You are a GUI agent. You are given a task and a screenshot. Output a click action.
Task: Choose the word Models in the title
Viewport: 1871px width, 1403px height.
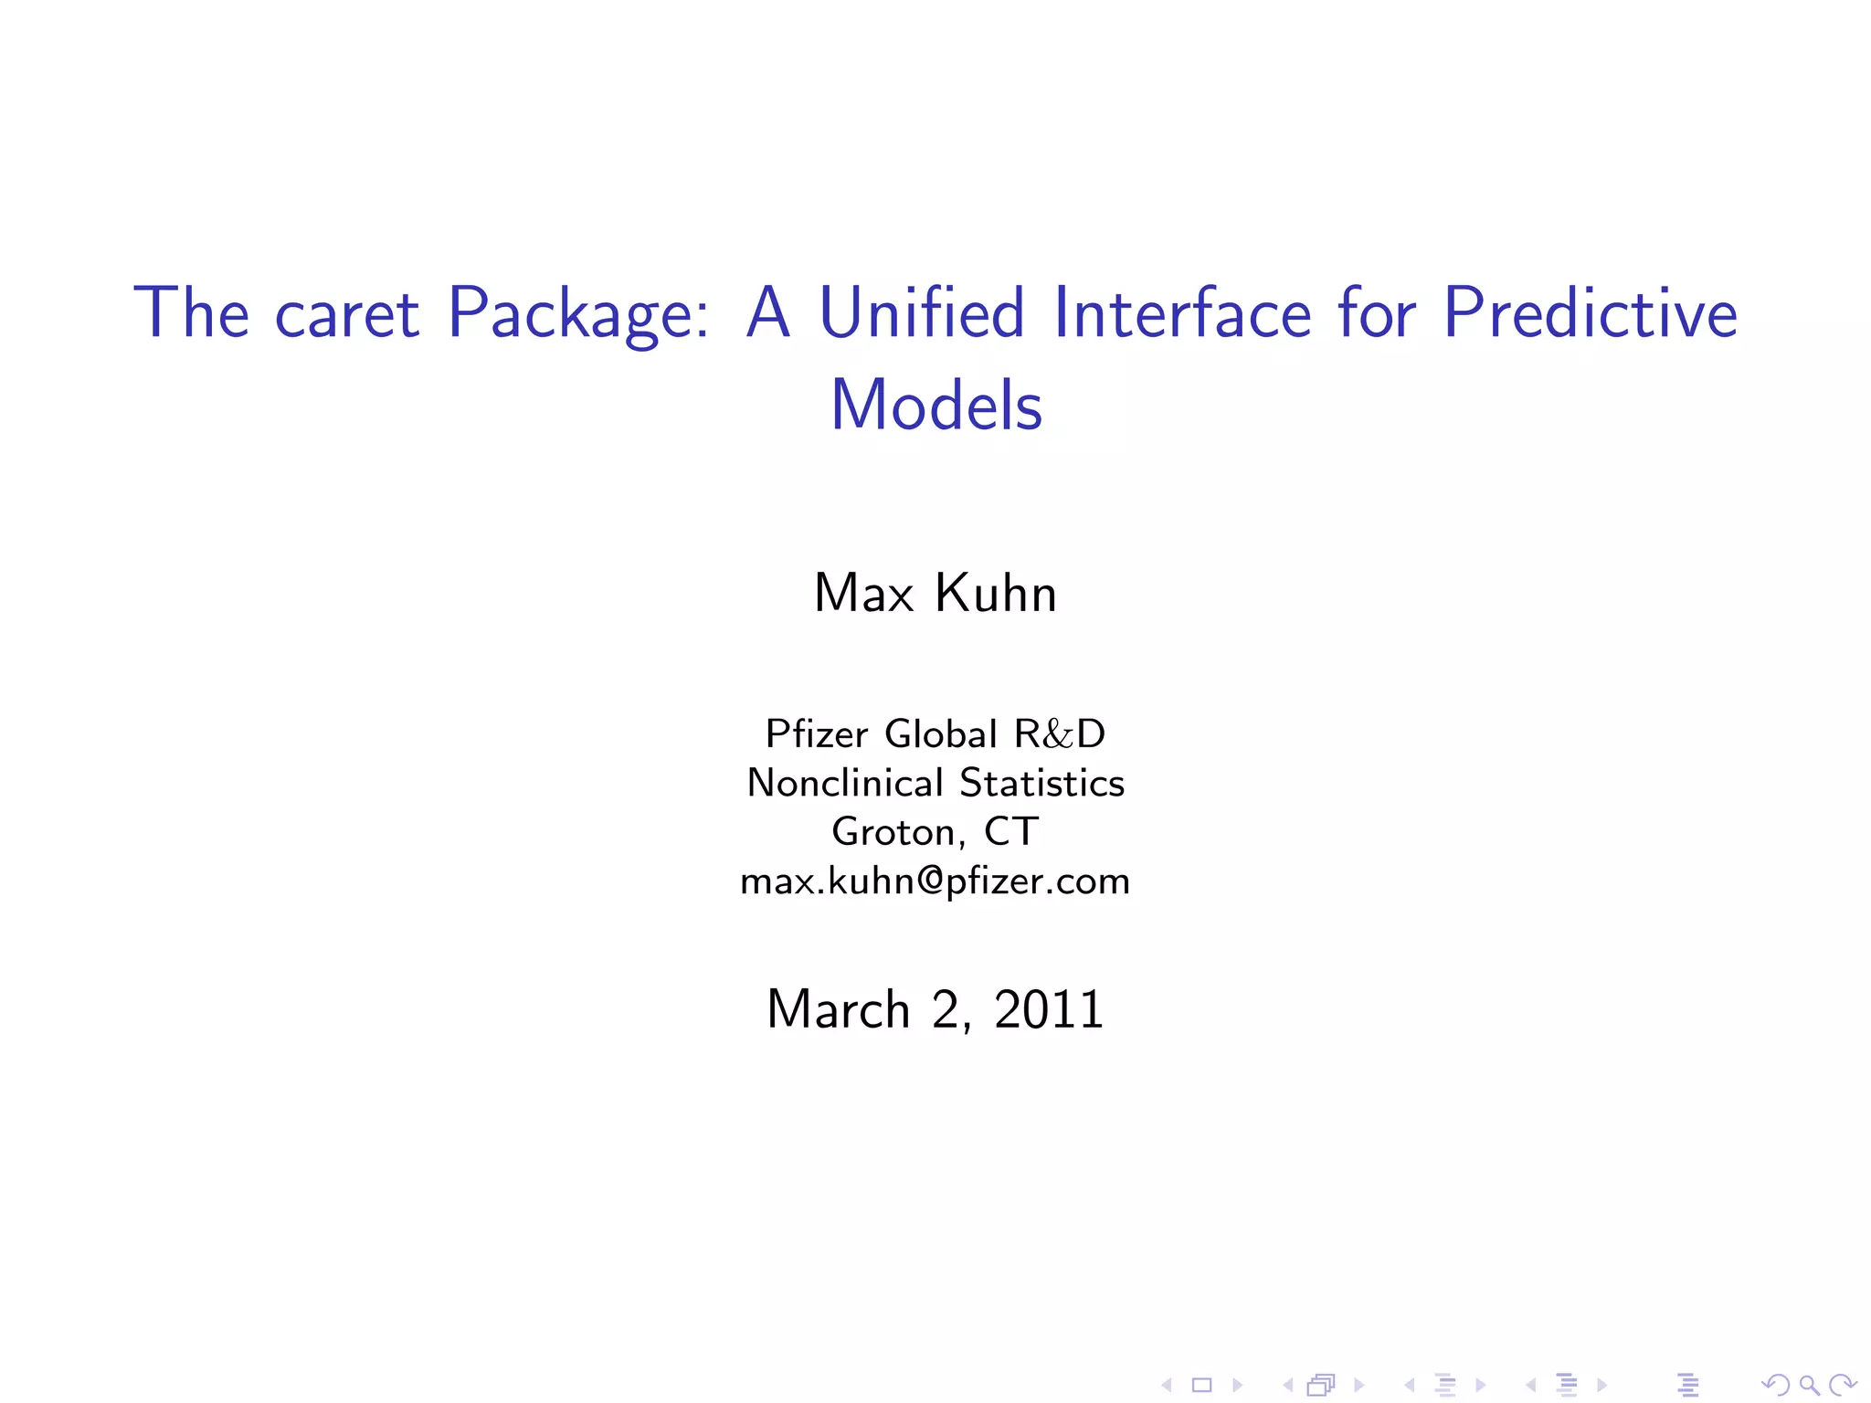point(935,406)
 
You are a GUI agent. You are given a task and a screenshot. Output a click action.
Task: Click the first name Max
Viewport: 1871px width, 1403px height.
point(863,594)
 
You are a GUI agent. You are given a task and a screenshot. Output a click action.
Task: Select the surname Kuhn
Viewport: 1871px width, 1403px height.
point(996,594)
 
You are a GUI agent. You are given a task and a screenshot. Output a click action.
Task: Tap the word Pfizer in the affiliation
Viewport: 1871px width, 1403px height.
point(816,734)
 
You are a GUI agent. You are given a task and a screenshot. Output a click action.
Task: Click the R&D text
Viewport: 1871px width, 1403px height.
point(1060,734)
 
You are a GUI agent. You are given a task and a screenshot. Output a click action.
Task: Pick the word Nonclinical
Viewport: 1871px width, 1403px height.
point(844,784)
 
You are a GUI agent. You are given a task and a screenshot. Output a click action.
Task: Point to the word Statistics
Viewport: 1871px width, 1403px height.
point(1041,784)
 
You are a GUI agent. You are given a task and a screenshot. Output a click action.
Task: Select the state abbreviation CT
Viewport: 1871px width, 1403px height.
point(1010,832)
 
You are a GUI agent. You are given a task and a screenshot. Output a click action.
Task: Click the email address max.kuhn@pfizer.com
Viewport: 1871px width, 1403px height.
point(935,881)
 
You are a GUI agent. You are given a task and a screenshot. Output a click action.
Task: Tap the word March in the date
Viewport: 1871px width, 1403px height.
point(838,1010)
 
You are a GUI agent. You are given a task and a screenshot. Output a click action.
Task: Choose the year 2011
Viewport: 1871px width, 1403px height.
point(1049,1010)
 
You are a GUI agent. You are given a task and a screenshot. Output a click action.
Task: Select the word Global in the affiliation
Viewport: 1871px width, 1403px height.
point(941,734)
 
